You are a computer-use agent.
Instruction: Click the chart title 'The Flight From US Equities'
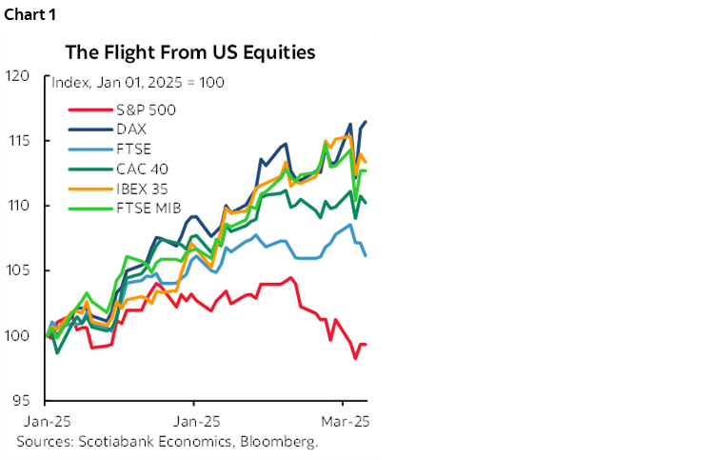[190, 51]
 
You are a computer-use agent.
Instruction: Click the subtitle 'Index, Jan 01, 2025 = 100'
[138, 83]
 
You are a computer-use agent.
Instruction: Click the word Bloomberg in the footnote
[282, 441]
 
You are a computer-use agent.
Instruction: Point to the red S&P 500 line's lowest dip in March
[355, 358]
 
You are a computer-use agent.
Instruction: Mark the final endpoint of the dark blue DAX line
[366, 122]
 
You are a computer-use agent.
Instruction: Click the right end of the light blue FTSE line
[366, 255]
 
